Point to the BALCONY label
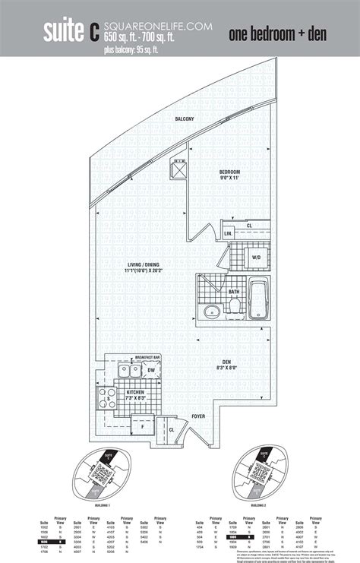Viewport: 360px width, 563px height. [185, 119]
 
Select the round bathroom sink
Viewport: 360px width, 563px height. [210, 310]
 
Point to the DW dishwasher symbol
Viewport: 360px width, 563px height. [150, 370]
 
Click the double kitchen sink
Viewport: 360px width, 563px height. [129, 371]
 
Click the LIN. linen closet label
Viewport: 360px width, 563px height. [228, 232]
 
